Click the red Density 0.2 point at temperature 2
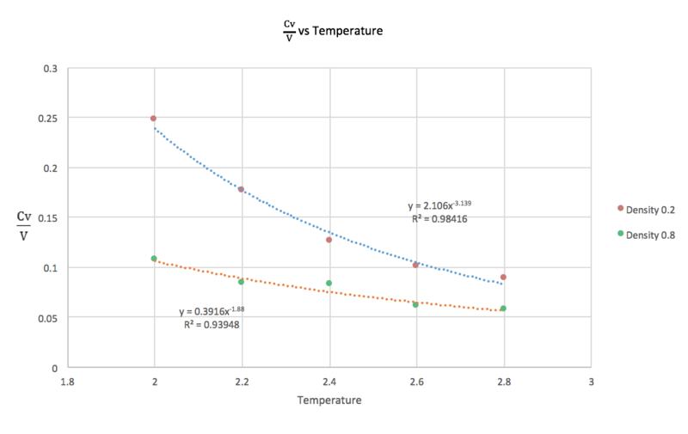154,119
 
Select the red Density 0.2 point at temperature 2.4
329,240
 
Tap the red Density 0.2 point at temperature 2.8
503,277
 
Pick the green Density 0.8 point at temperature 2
154,259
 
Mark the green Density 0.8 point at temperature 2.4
329,283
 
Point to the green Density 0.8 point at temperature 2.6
415,304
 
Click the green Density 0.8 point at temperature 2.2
242,282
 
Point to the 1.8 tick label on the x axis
67,381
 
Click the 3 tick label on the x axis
591,381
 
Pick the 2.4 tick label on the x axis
329,381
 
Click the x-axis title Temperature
329,400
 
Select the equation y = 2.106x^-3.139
439,206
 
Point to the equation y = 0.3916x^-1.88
212,311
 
